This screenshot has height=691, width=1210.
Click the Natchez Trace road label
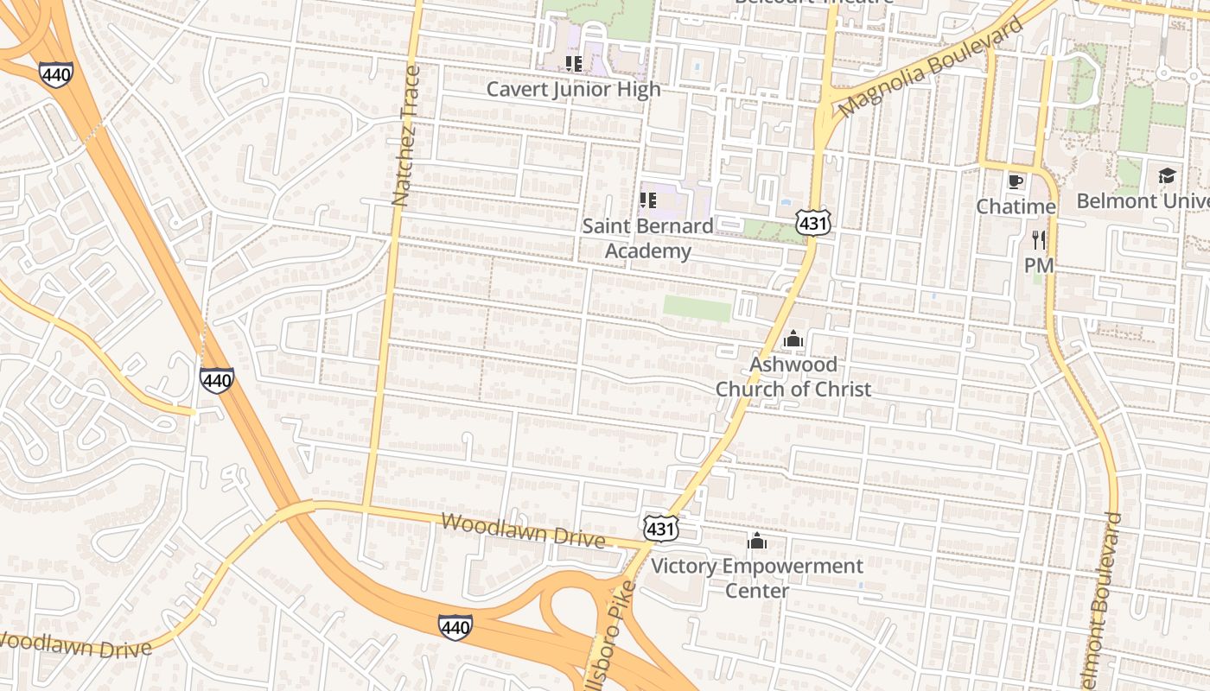(x=404, y=136)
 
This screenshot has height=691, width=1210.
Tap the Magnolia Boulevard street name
(x=930, y=67)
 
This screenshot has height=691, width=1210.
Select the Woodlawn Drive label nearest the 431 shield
(x=522, y=530)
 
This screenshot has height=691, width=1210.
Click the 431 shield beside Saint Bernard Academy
(x=814, y=224)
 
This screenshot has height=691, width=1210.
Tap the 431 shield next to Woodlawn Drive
(x=660, y=529)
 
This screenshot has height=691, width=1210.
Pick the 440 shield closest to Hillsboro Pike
(x=455, y=627)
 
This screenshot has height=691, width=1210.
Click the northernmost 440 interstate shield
(x=55, y=74)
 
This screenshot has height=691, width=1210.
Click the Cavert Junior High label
(x=573, y=89)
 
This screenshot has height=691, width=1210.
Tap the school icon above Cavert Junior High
(x=573, y=63)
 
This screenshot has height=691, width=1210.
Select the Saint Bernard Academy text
(x=647, y=238)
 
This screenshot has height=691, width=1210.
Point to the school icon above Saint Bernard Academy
(x=647, y=200)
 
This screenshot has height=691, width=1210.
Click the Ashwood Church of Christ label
(x=793, y=377)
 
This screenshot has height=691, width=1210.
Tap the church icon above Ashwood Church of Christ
(x=793, y=339)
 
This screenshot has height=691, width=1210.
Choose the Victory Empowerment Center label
(x=756, y=578)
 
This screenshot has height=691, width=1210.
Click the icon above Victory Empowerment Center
(x=757, y=542)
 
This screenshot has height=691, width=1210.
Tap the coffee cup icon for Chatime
(x=1016, y=181)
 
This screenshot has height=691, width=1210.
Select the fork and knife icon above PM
(x=1039, y=239)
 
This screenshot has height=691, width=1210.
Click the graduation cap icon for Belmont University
(x=1167, y=175)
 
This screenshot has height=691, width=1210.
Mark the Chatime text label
(x=1016, y=206)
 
